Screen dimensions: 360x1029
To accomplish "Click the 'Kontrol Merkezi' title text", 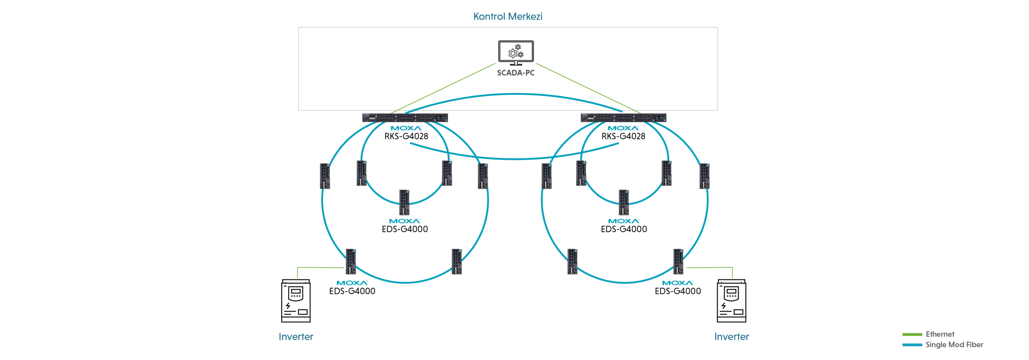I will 508,17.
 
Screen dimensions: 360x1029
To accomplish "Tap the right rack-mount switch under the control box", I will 623,118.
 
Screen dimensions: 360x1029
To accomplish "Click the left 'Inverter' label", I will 295,337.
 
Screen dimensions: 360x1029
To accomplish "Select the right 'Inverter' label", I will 731,337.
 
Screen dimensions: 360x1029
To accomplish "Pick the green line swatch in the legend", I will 911,334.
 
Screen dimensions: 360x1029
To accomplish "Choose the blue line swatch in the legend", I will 911,345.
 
